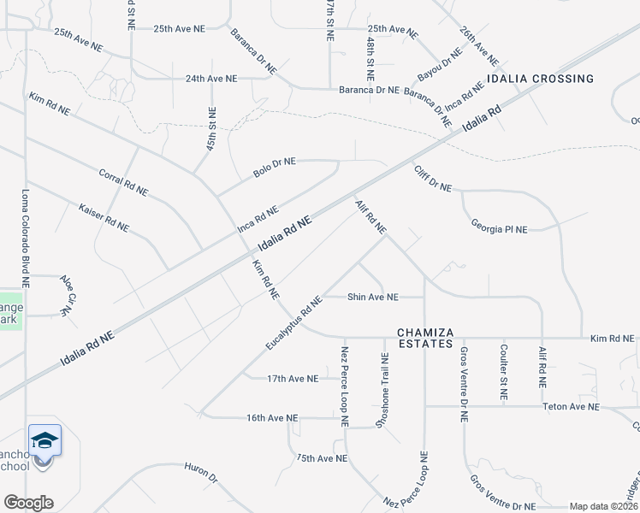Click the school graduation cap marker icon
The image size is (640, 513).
pyautogui.click(x=44, y=441)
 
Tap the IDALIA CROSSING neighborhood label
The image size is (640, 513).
pyautogui.click(x=540, y=79)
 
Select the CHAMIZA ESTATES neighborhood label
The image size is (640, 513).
pyautogui.click(x=424, y=337)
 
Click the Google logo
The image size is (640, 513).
pyautogui.click(x=28, y=503)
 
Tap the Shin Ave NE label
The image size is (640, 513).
pyautogui.click(x=372, y=297)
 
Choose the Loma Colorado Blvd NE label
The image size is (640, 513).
pyautogui.click(x=26, y=237)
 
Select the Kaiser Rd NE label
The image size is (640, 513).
pyautogui.click(x=104, y=218)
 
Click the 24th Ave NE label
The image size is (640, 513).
pyautogui.click(x=210, y=78)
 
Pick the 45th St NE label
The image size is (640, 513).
pyautogui.click(x=211, y=128)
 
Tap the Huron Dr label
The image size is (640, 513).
pyautogui.click(x=201, y=473)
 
